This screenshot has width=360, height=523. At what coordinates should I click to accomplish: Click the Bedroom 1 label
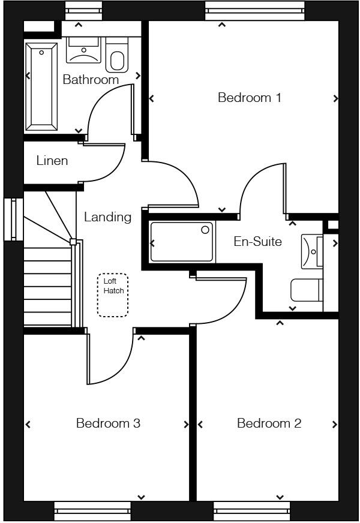point(249,98)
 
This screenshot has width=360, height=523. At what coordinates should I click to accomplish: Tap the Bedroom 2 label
point(269,423)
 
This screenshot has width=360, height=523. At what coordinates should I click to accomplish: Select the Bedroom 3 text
point(108,423)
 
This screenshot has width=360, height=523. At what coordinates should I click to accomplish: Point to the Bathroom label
point(91,79)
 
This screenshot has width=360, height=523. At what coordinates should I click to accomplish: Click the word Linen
point(52,161)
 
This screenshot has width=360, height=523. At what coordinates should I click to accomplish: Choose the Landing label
point(107,217)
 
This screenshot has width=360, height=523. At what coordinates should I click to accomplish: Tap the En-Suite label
point(257,242)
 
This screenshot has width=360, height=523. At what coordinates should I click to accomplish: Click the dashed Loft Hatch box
point(113,295)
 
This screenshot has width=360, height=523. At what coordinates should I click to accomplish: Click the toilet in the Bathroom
point(118,55)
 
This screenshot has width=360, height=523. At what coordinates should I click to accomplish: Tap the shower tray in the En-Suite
point(182,242)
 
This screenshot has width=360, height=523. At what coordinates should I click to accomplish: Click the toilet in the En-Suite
point(306,290)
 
